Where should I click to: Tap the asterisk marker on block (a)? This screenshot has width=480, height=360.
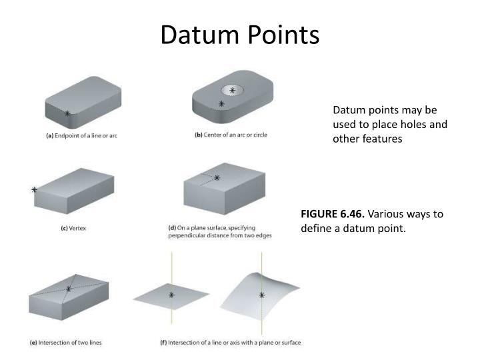point(67,114)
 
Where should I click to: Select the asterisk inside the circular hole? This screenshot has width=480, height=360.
point(232,90)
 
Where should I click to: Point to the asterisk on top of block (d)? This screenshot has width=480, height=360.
point(217,177)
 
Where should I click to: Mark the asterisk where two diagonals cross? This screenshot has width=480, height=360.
point(69,289)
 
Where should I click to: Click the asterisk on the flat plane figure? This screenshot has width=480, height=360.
point(171,295)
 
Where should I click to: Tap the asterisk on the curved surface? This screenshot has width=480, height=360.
point(261,295)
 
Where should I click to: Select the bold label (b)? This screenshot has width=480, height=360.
point(199,135)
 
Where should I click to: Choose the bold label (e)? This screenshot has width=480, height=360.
point(33,343)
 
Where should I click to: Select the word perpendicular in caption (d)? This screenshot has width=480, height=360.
point(187,235)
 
